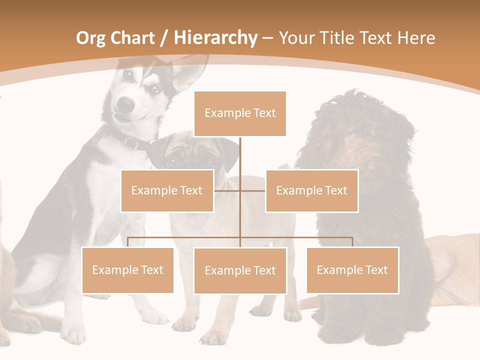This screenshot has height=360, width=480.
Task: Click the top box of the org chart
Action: [x=240, y=113]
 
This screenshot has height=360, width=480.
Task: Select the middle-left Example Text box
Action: [x=167, y=190]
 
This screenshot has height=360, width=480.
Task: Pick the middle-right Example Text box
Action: [x=311, y=190]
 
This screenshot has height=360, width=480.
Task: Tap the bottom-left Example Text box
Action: [x=128, y=270]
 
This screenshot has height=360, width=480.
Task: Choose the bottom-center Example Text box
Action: [x=240, y=270]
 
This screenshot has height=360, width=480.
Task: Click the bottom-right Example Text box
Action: [x=352, y=270]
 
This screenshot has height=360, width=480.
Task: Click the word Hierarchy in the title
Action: [x=215, y=38]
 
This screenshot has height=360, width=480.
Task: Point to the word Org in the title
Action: [x=91, y=38]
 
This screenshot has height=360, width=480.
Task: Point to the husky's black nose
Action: [x=126, y=104]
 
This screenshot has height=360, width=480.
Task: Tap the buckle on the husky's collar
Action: [x=133, y=143]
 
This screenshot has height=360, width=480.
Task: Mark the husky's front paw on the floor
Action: [x=74, y=334]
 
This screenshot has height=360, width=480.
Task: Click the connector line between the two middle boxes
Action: [x=240, y=190]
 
